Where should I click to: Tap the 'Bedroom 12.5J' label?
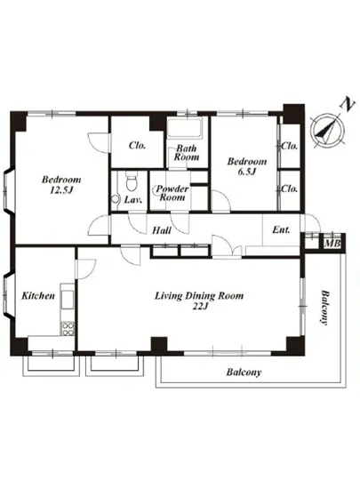pyautogui.click(x=60, y=184)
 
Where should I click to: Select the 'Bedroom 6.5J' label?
pyautogui.click(x=244, y=166)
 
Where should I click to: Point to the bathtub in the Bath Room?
pyautogui.click(x=188, y=136)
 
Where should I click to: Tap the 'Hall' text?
pyautogui.click(x=162, y=230)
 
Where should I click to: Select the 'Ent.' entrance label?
pyautogui.click(x=282, y=230)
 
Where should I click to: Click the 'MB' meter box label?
pyautogui.click(x=331, y=243)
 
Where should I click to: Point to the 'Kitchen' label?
pyautogui.click(x=40, y=295)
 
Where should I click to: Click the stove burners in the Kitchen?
pyautogui.click(x=67, y=330)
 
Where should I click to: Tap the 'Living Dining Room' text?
pyautogui.click(x=199, y=295)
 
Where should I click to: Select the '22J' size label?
pyautogui.click(x=199, y=308)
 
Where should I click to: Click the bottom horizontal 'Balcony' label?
pyautogui.click(x=241, y=373)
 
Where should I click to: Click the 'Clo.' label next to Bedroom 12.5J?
pyautogui.click(x=137, y=145)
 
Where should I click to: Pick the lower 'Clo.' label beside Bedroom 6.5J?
pyautogui.click(x=290, y=188)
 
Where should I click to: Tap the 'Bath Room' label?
pyautogui.click(x=187, y=153)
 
